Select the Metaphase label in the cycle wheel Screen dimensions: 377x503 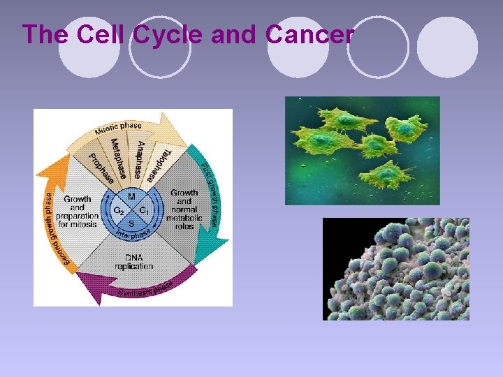(x=119, y=157)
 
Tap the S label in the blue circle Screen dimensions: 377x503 (x=131, y=223)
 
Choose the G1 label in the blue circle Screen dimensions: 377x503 (x=144, y=210)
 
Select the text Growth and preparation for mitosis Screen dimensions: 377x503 (x=78, y=212)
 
